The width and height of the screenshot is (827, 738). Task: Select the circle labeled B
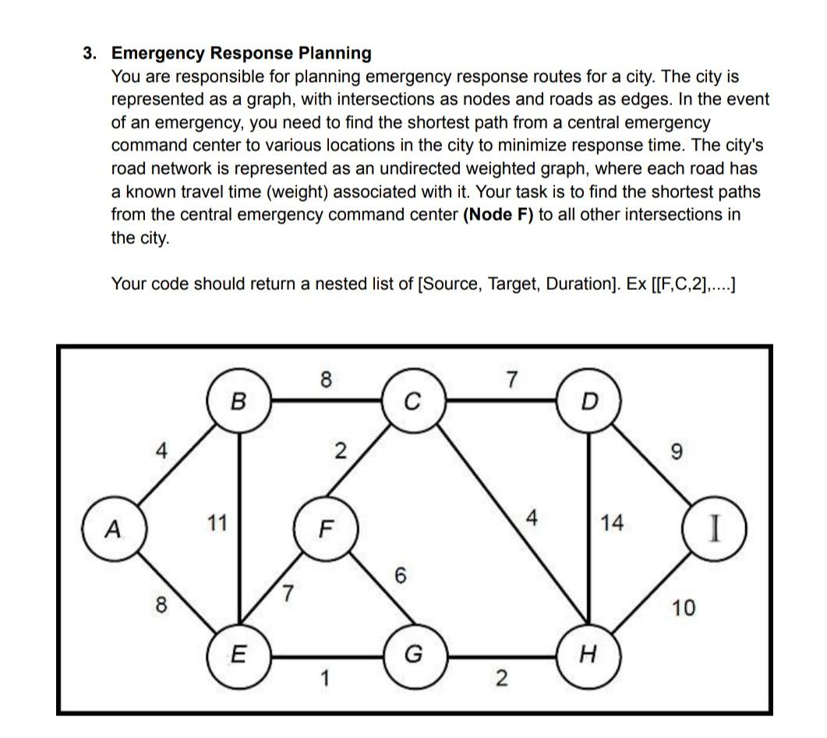click(239, 401)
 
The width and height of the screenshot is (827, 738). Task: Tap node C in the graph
click(413, 402)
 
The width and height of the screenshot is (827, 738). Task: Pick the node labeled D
click(589, 402)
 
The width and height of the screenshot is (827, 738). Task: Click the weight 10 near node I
click(684, 607)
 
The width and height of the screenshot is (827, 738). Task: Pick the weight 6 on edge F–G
click(400, 576)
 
